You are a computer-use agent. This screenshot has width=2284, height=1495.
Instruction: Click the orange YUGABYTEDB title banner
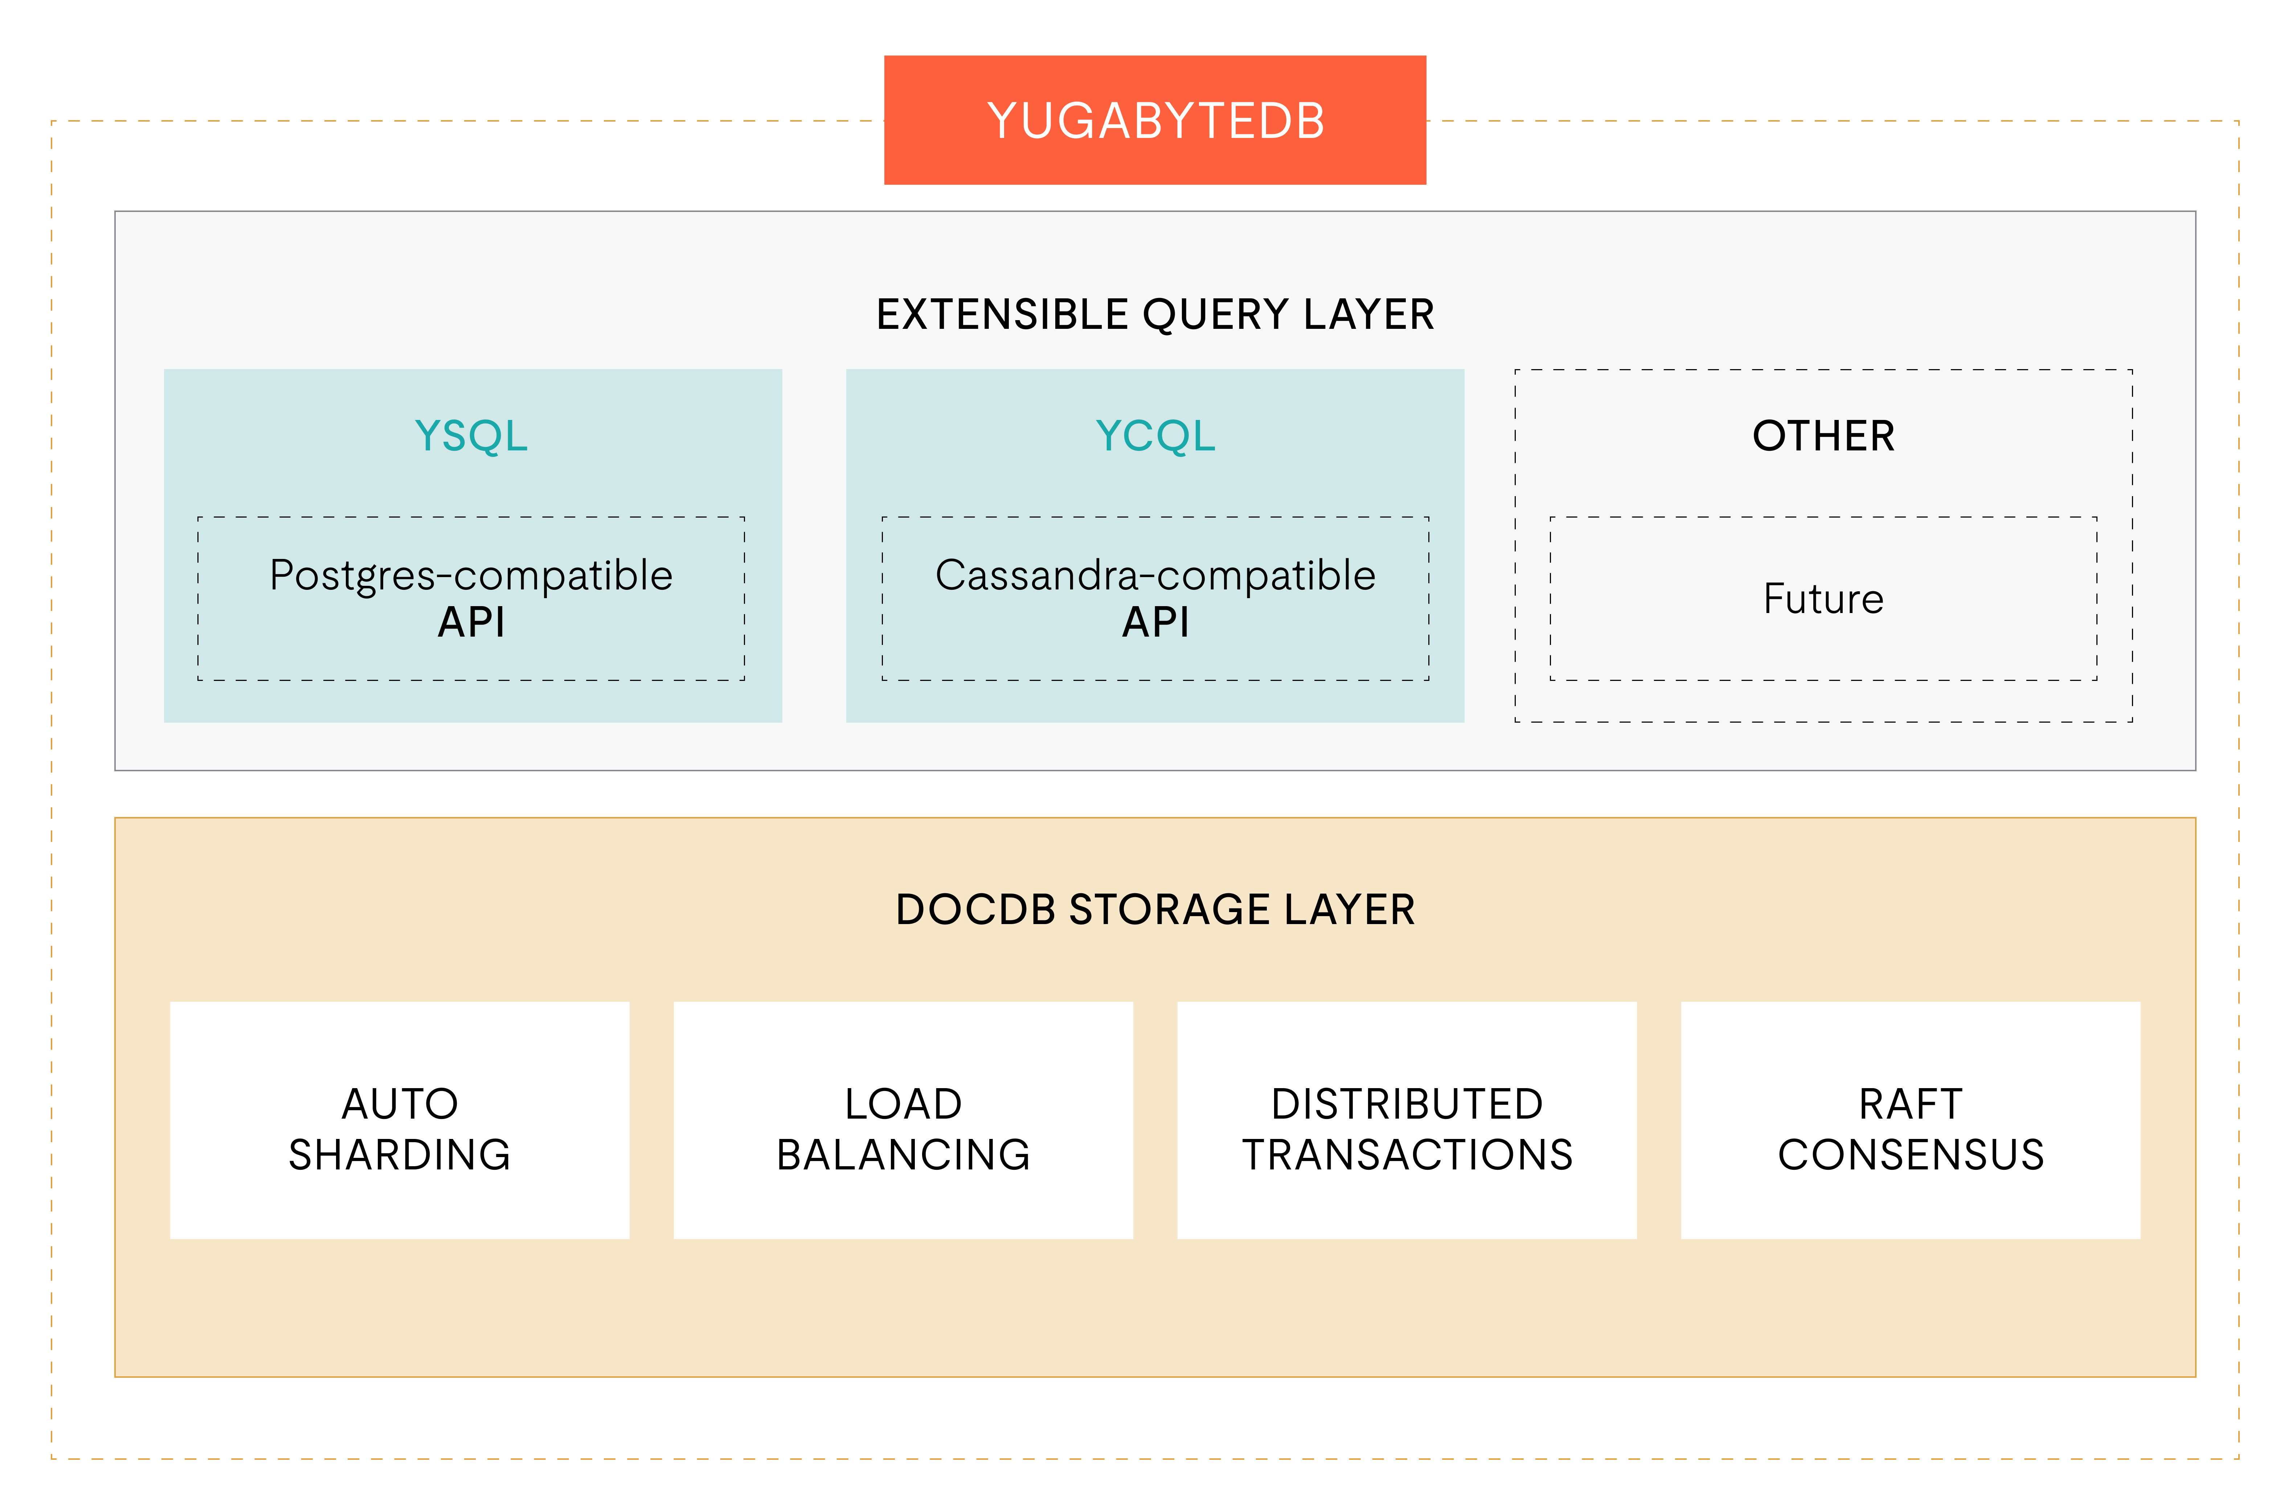[x=1154, y=120]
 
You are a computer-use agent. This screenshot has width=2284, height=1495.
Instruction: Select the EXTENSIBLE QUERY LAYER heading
[x=1154, y=315]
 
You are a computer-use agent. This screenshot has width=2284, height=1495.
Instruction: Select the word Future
[x=1823, y=599]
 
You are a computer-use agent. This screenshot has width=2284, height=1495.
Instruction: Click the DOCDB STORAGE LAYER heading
[x=1154, y=910]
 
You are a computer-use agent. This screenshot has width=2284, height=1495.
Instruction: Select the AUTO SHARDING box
[x=399, y=1120]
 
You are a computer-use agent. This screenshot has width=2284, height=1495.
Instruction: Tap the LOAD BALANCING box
[x=903, y=1120]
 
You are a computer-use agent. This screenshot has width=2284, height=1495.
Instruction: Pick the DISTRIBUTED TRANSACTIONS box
[x=1407, y=1120]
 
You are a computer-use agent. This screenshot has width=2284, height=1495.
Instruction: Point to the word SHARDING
[x=399, y=1154]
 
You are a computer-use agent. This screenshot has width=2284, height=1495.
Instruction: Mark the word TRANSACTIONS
[x=1407, y=1154]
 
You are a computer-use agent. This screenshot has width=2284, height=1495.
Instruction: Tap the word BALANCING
[x=903, y=1154]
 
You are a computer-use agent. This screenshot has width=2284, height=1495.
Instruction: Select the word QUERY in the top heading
[x=1215, y=315]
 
